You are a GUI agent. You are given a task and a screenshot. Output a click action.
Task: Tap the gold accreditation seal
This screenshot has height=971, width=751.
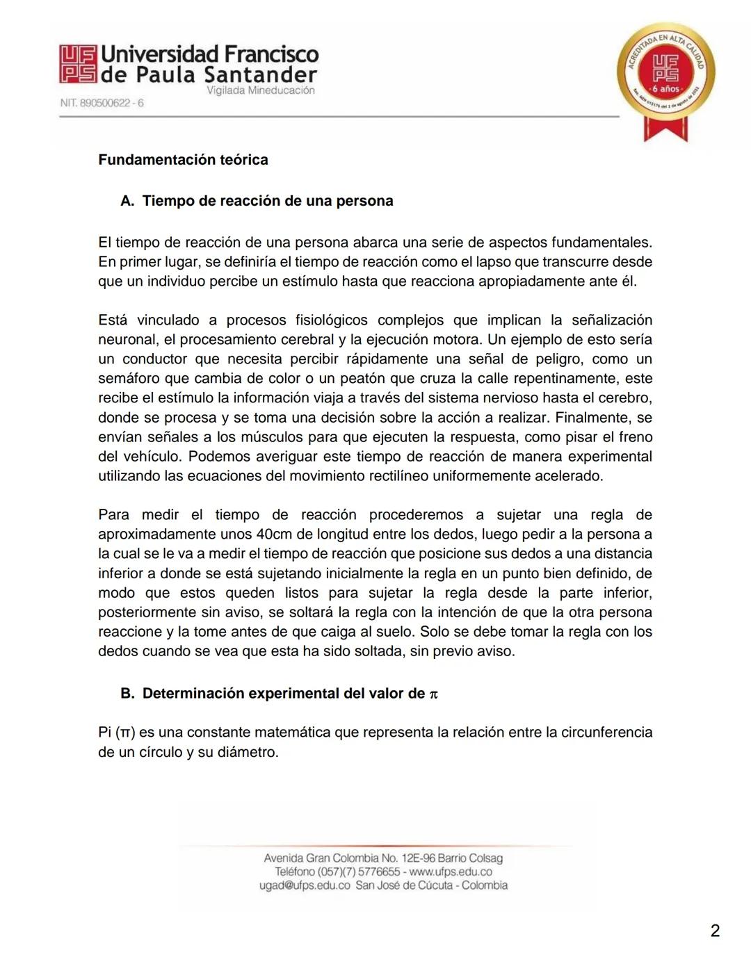pos(665,75)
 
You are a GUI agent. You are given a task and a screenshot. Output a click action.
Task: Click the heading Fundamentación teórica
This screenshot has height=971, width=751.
pos(183,160)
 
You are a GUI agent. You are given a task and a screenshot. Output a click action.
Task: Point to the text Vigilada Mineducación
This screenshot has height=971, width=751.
pos(260,90)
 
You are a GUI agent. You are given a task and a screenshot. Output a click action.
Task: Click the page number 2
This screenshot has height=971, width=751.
pos(715,931)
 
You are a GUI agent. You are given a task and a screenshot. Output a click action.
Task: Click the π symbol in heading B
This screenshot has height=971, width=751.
pos(434,694)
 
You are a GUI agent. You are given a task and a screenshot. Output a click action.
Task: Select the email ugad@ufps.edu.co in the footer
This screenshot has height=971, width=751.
pos(305,886)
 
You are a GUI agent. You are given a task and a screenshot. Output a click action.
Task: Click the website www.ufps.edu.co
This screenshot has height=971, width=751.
pos(451,872)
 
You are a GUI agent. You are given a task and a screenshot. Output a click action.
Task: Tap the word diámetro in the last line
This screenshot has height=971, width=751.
pos(247,752)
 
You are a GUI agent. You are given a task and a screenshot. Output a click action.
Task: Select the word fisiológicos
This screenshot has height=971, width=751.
pos(331,320)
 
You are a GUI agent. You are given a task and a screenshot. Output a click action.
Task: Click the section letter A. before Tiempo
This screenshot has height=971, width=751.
pos(127,201)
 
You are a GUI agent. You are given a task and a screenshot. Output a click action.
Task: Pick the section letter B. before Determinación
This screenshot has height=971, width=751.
pos(127,694)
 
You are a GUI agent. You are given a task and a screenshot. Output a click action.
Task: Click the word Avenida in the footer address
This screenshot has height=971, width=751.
pos(284,858)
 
